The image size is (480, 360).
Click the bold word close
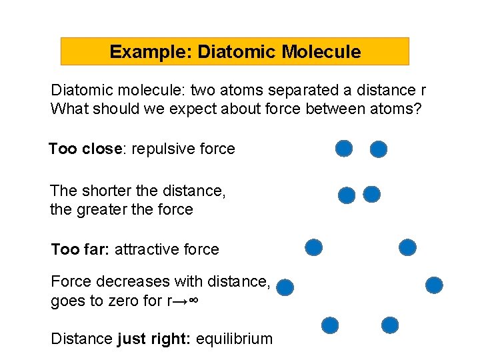click(x=101, y=149)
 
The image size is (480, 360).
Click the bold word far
click(x=95, y=250)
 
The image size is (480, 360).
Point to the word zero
click(x=126, y=301)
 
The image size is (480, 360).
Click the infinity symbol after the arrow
click(x=193, y=301)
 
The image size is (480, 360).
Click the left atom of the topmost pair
click(x=344, y=149)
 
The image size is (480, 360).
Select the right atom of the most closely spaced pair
click(x=372, y=195)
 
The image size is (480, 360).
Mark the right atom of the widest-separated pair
click(x=434, y=285)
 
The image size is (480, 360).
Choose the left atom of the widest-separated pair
click(x=285, y=287)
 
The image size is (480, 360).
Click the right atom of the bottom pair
click(x=390, y=325)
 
